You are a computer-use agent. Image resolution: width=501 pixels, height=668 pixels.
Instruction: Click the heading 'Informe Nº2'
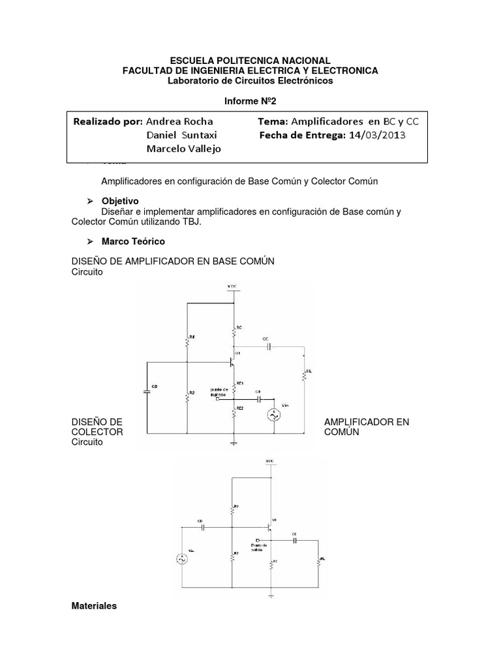pyautogui.click(x=250, y=102)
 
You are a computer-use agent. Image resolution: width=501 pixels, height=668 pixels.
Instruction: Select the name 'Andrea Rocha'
pyautogui.click(x=179, y=121)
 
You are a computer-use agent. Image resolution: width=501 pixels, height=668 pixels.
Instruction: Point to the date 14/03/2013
pyautogui.click(x=377, y=136)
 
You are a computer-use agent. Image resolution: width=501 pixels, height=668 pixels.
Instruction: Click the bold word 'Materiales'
pyautogui.click(x=94, y=606)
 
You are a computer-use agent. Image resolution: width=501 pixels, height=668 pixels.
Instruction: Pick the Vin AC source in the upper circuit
pyautogui.click(x=274, y=416)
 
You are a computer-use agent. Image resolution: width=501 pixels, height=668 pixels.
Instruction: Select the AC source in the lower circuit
pyautogui.click(x=182, y=558)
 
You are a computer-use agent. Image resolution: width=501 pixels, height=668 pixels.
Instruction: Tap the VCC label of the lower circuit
pyautogui.click(x=271, y=461)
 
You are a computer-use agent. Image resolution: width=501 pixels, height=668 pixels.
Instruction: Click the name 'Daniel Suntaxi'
pyautogui.click(x=182, y=136)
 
